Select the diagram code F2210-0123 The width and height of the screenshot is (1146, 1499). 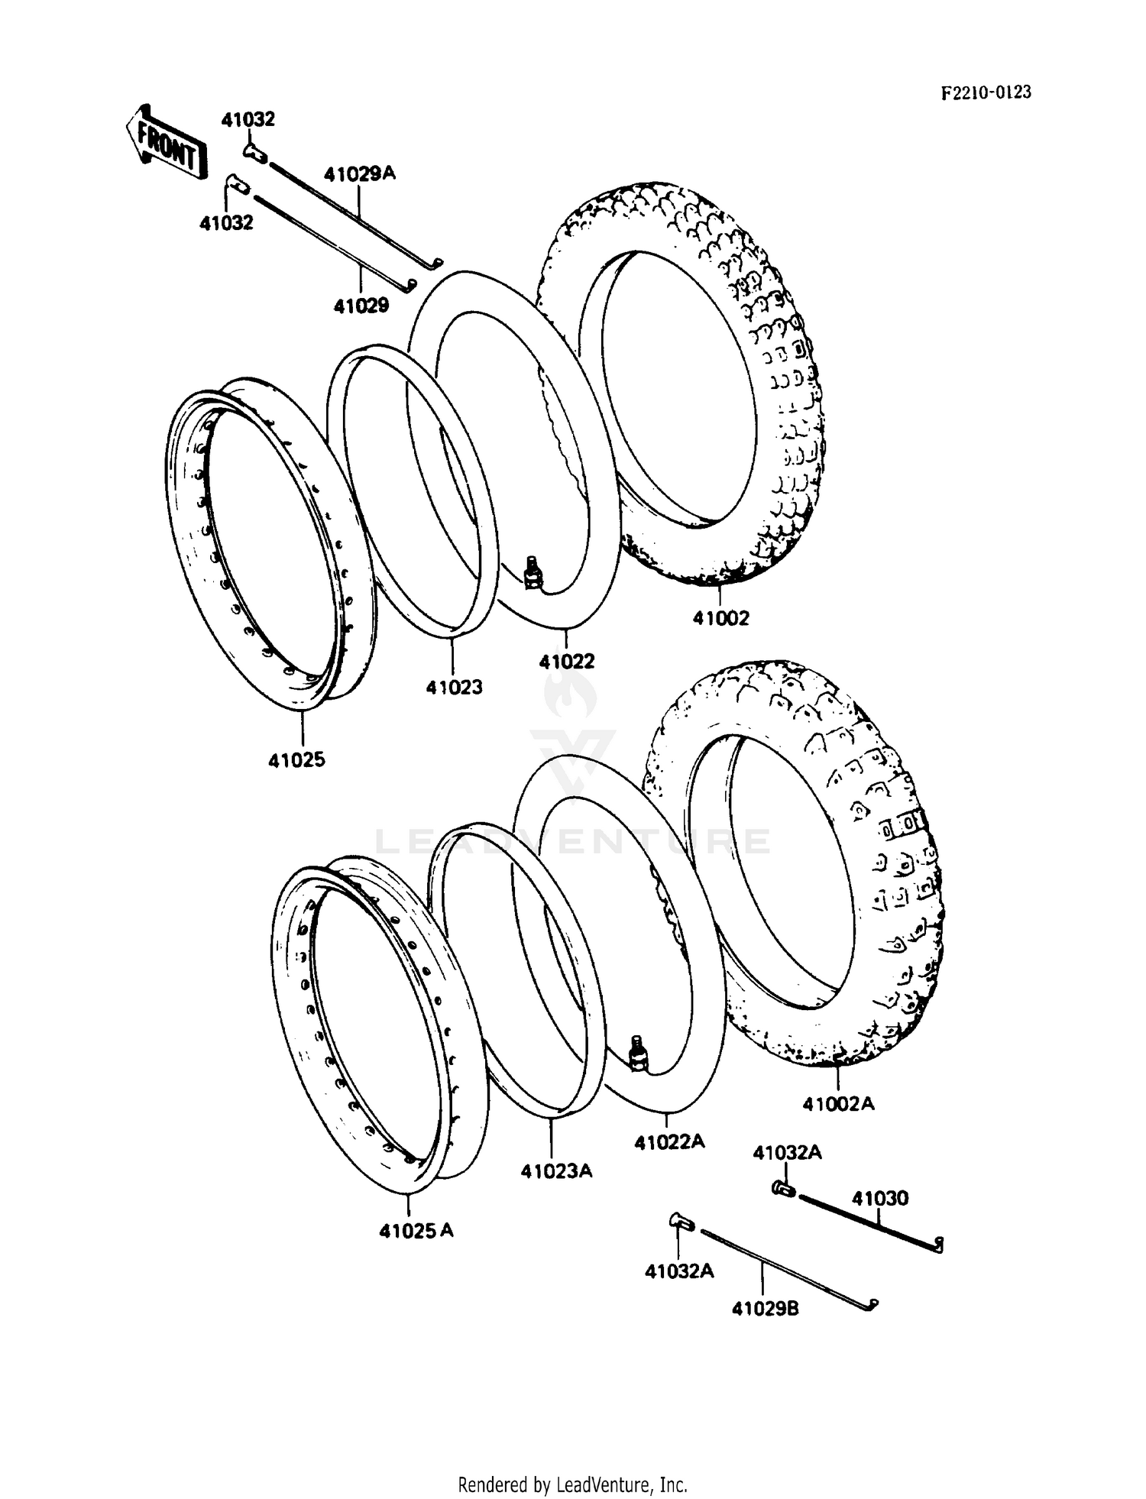[x=986, y=92]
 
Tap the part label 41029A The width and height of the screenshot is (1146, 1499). [x=359, y=174]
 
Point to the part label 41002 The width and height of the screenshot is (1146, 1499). [x=720, y=617]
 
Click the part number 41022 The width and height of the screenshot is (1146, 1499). [x=566, y=662]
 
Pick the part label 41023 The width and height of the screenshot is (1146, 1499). [x=454, y=688]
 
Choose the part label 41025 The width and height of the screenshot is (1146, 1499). [x=296, y=759]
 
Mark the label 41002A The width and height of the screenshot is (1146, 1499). [x=838, y=1103]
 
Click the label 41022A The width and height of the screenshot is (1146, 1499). [x=669, y=1141]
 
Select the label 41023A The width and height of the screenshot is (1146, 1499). [x=556, y=1170]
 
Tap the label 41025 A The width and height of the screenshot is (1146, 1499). [x=416, y=1231]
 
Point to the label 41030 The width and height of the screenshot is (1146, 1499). [x=880, y=1198]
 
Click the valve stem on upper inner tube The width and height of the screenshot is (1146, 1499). [x=533, y=573]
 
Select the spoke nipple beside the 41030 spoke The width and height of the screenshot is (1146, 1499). [x=782, y=1188]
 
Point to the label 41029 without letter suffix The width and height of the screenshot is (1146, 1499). [x=361, y=306]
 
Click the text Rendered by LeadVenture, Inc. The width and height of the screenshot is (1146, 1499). [x=572, y=1484]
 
